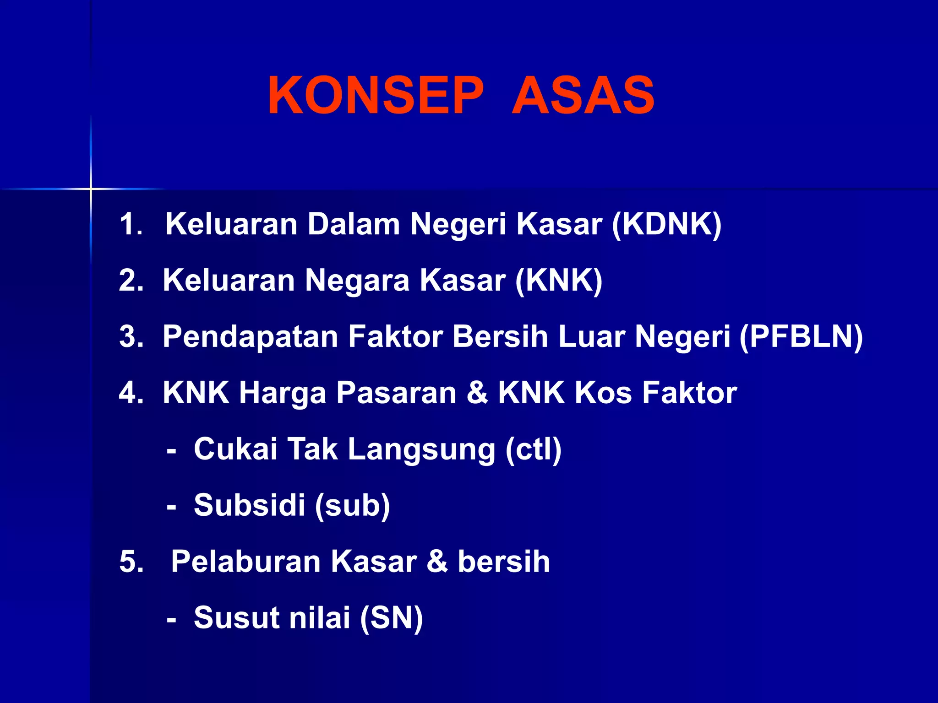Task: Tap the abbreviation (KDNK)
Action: [667, 224]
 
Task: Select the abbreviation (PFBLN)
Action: [802, 337]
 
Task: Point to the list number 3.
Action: [130, 337]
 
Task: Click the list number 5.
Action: [130, 562]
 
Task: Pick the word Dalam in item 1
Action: [354, 224]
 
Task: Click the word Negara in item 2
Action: [357, 281]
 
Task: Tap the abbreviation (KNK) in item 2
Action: [559, 281]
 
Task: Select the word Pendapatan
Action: [250, 337]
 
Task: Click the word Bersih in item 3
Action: [501, 337]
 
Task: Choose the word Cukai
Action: [235, 449]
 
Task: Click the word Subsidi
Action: [249, 505]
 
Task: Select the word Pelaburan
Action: [245, 562]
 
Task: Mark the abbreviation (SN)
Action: [392, 618]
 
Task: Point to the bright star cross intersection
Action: [91, 189]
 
